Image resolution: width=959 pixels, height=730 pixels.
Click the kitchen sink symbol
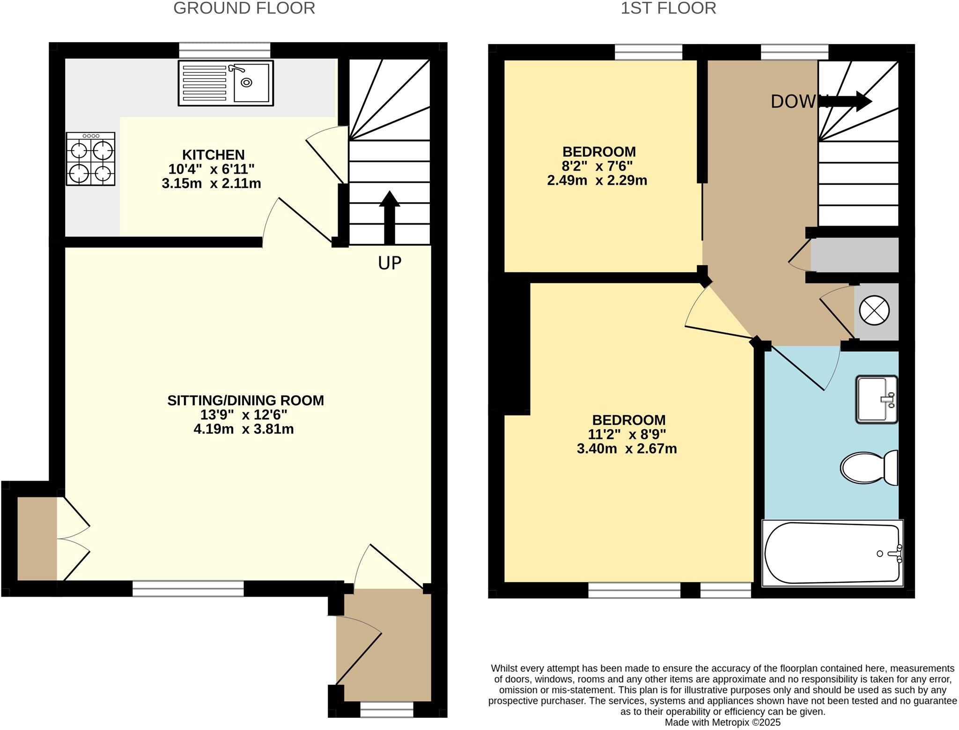[x=226, y=83]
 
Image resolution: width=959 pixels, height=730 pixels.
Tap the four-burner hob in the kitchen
[x=90, y=159]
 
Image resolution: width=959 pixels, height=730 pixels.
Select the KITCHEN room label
[x=213, y=154]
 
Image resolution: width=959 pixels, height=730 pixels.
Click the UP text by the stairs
[x=390, y=263]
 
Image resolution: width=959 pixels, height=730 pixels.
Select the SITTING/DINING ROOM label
[x=245, y=401]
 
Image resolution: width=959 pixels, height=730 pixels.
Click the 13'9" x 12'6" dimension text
[x=243, y=415]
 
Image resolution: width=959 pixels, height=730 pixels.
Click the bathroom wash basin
[x=877, y=399]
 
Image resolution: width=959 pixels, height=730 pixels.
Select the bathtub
[x=833, y=553]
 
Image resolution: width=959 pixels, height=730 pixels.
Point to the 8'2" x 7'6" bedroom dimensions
[x=597, y=166]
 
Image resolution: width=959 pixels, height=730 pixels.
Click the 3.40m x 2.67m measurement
[x=627, y=449]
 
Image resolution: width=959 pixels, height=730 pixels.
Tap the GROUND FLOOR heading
[x=244, y=8]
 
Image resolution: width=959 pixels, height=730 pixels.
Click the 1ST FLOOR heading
[x=668, y=8]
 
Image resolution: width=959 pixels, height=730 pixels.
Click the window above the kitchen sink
[x=225, y=50]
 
